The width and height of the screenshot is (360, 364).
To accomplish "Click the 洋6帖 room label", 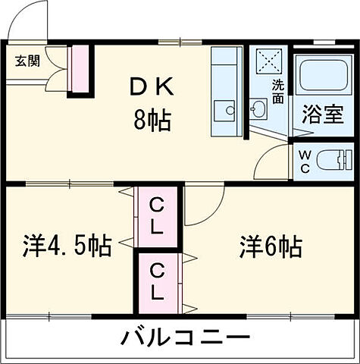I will (x=271, y=246).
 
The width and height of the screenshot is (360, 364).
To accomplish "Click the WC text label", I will (x=305, y=162).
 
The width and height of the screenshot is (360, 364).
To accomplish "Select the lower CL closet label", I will (x=158, y=280).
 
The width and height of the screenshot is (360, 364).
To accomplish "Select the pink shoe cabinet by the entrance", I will (x=78, y=71).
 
